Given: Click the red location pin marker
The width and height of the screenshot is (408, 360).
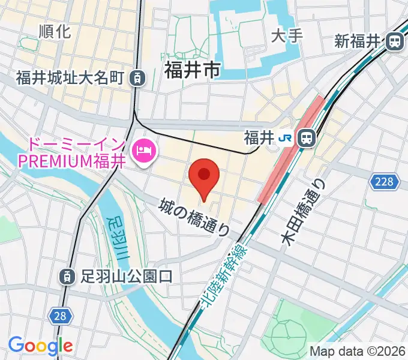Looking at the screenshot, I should coord(204,176).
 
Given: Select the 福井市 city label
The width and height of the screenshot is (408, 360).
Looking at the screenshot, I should coord(191,70).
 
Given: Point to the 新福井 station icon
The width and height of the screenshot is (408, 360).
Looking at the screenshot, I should coord(395,41).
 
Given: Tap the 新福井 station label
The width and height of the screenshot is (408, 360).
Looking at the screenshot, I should coord(358,41).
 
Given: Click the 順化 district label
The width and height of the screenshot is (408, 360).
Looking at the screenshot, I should coord(54,31).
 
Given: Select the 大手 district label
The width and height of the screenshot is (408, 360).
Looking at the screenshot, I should coord(286,35).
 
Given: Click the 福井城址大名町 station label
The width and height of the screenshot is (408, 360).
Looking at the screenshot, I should coord(70,77).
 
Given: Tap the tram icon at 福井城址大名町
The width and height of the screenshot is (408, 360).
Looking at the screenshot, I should coord(139,77).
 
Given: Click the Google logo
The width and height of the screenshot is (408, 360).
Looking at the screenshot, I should coord(40,346).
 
